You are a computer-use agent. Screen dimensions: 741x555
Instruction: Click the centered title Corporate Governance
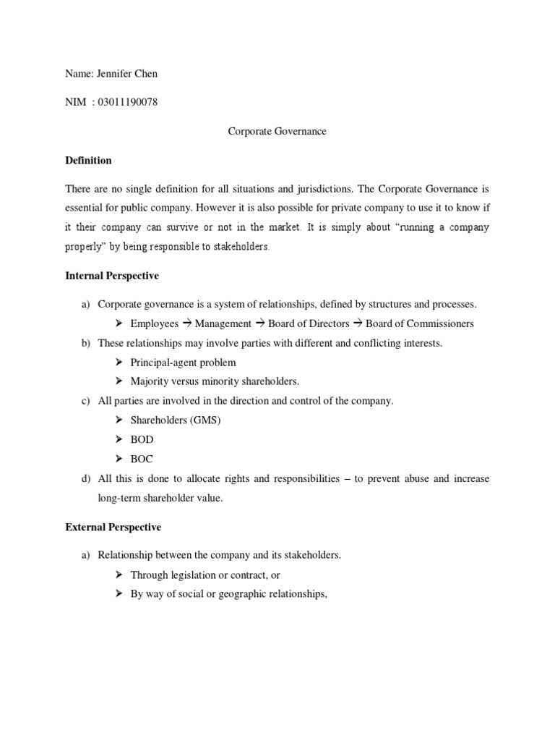coord(277,131)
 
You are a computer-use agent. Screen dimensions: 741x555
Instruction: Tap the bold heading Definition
coord(88,160)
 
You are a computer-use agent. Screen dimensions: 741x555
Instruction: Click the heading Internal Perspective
coord(111,276)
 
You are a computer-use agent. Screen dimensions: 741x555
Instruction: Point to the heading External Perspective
coord(113,527)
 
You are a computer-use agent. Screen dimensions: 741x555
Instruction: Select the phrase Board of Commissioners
coord(420,324)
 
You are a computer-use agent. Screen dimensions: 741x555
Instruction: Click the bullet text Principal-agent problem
coord(183,363)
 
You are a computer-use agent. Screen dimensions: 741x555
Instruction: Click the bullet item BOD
coord(142,439)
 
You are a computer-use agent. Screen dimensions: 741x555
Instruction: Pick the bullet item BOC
coord(142,459)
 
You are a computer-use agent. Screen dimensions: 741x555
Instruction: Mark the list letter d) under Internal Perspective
coord(86,478)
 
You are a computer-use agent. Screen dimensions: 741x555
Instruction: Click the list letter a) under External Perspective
coord(86,556)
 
